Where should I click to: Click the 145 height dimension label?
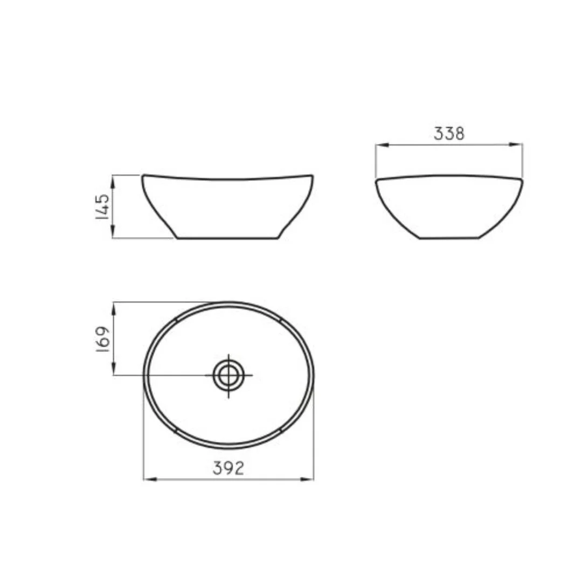pyautogui.click(x=102, y=206)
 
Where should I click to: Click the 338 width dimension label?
pyautogui.click(x=449, y=134)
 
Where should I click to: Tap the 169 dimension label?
pyautogui.click(x=102, y=339)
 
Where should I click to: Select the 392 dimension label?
pyautogui.click(x=228, y=468)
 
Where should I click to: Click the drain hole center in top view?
pyautogui.click(x=228, y=375)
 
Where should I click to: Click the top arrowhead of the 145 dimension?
pyautogui.click(x=113, y=181)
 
